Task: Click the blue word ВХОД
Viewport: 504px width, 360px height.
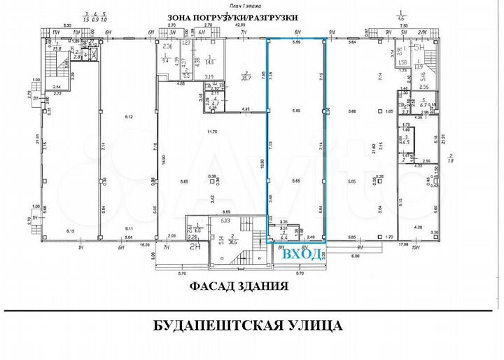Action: point(303,254)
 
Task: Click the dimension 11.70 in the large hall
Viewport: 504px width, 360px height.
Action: point(209,132)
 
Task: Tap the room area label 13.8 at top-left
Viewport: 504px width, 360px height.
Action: point(59,50)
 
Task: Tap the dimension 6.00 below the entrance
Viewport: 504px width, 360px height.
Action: point(355,256)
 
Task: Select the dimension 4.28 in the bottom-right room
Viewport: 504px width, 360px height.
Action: point(419,228)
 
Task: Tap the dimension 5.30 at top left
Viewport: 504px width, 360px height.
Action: point(68,26)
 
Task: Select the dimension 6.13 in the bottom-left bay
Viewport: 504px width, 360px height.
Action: point(69,230)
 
